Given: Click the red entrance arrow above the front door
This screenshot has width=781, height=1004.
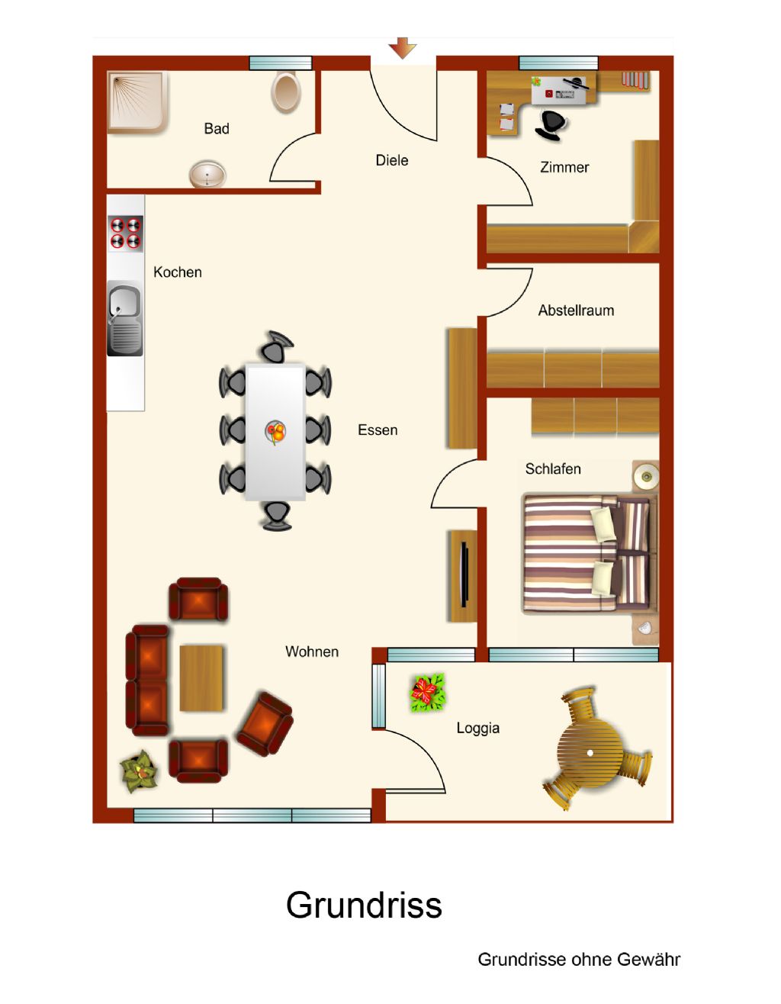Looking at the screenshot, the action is [402, 47].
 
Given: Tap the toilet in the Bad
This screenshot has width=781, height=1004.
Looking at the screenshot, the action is [286, 92].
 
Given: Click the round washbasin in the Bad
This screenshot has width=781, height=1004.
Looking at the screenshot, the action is [207, 174].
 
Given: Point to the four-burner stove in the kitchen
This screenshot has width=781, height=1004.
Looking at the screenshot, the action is [125, 233].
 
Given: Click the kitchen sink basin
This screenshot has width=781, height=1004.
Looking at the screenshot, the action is [125, 320].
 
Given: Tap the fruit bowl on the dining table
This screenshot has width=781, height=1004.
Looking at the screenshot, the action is [275, 432].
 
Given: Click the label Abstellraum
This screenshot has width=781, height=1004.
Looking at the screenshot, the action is [576, 310].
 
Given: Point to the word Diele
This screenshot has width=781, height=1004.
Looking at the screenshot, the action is [392, 160].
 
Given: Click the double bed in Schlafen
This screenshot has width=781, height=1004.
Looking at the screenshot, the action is [590, 554].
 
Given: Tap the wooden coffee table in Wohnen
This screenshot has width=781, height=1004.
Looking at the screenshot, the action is [201, 677].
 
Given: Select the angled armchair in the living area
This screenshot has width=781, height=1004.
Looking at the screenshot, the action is [265, 723].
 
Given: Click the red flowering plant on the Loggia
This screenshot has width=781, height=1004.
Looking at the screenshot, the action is [428, 692].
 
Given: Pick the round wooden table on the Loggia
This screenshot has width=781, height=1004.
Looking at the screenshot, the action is [590, 752].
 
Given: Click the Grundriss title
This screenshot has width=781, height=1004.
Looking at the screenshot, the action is [364, 905].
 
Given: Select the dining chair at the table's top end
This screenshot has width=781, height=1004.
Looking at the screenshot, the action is [276, 346].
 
